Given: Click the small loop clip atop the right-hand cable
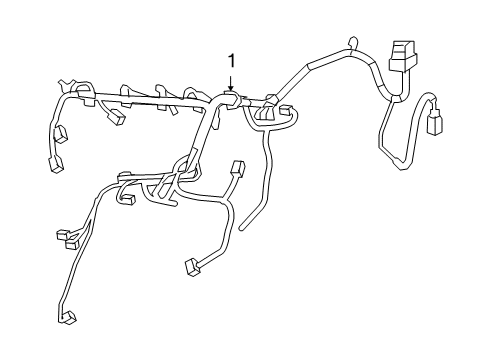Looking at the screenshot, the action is pos(351,44).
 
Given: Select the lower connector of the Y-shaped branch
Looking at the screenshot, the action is pos(190,267).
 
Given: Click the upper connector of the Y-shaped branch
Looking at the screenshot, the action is pos(237,168).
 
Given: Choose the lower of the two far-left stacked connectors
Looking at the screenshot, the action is pos(56,165).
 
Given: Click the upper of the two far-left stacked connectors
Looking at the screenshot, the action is pos(61,134).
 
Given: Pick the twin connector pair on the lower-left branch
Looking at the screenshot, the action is pos(71,237).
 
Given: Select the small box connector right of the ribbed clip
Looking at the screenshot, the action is pos(286,112).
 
